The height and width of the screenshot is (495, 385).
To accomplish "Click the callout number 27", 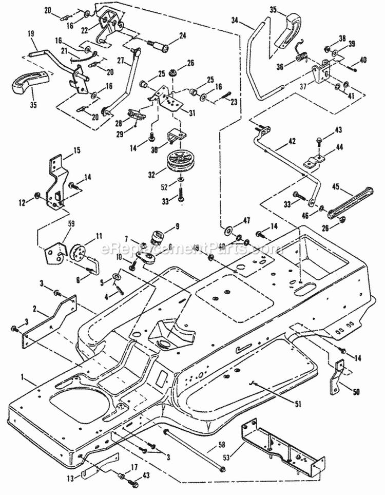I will (x=119, y=61).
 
